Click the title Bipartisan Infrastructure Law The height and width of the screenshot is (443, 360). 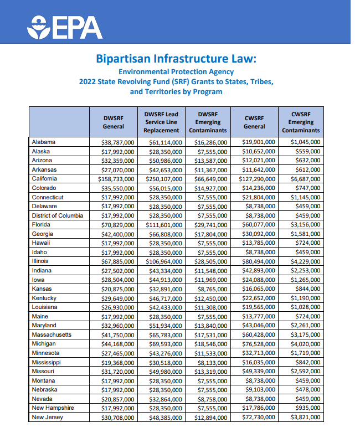[x=176, y=59]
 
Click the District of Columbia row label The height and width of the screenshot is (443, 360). [x=58, y=215]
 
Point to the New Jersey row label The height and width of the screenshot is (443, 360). [x=48, y=417]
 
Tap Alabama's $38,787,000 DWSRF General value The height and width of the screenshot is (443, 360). [x=117, y=142]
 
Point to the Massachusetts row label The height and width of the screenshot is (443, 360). [x=52, y=334]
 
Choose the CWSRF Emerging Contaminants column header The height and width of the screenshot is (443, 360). [x=301, y=122]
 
